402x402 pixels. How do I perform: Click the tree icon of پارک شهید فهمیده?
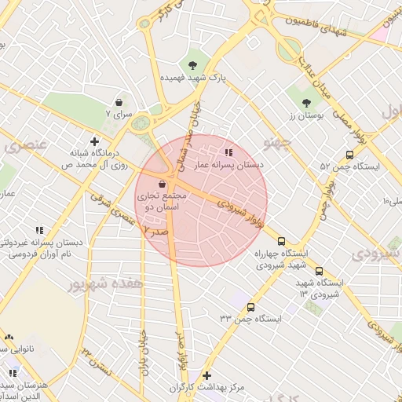[193, 64]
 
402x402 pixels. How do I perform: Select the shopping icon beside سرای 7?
[119, 102]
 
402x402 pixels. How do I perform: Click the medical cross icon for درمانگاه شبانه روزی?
[95, 142]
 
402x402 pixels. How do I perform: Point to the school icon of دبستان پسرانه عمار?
[228, 152]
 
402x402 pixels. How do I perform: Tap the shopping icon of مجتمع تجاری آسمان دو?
[162, 183]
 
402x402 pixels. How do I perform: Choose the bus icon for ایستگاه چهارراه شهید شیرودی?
[282, 242]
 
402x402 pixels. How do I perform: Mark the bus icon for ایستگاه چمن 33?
[251, 307]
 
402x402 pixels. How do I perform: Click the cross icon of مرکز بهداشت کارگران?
[206, 376]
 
